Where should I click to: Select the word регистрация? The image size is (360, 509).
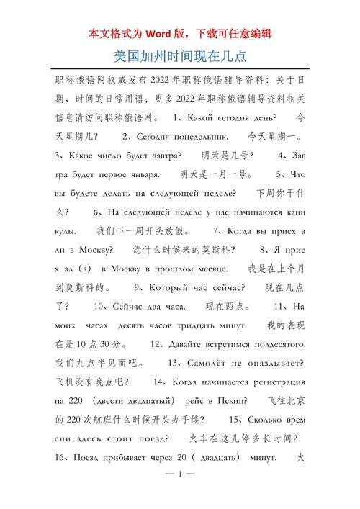point(280,382)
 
